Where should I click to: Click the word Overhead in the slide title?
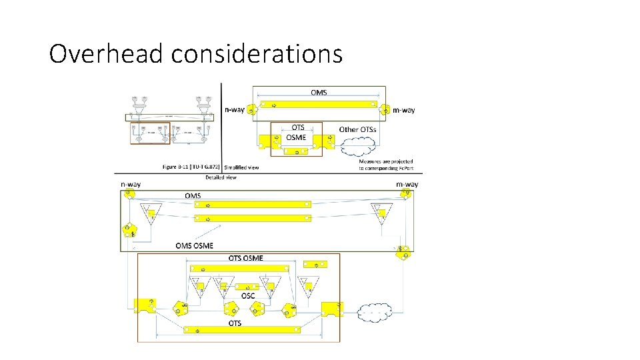(107, 53)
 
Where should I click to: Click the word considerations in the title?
(257, 53)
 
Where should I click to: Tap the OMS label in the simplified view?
(319, 92)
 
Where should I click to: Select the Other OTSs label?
(358, 129)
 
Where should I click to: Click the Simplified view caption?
(241, 168)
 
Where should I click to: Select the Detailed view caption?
(221, 177)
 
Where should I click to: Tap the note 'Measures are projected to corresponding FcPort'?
(386, 165)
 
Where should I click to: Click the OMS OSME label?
(195, 245)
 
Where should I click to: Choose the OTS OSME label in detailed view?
(246, 258)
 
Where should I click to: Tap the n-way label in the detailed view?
(130, 183)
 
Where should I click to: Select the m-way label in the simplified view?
(403, 110)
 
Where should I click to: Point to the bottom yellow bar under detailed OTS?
(239, 329)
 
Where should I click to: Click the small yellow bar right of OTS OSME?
(315, 264)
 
